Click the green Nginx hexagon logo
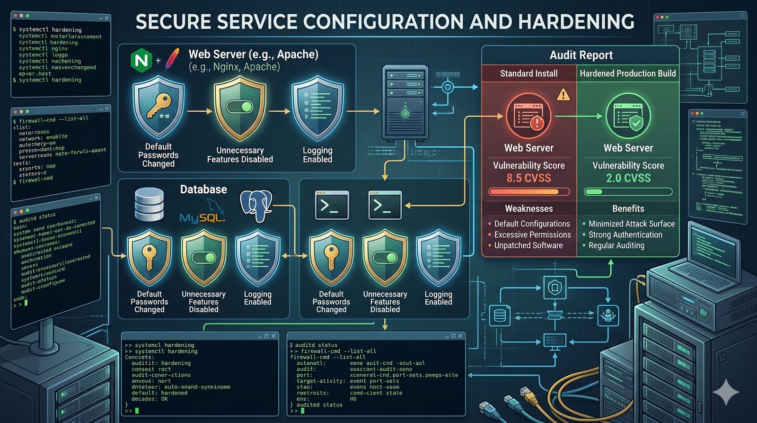click(141, 61)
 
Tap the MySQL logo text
click(202, 217)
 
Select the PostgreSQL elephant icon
click(255, 205)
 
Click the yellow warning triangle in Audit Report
click(563, 95)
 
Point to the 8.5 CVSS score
click(528, 178)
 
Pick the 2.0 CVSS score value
click(628, 178)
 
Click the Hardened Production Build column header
click(628, 73)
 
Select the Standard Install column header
click(528, 73)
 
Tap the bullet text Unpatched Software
click(528, 245)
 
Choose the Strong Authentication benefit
click(625, 234)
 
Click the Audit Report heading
click(581, 55)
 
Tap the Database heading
click(203, 189)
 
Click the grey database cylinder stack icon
click(149, 204)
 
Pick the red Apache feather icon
click(172, 60)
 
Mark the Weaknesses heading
click(528, 209)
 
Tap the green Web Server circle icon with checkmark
click(628, 116)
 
